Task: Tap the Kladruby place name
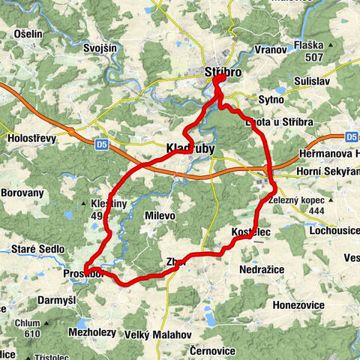(189, 149)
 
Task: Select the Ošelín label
(28, 34)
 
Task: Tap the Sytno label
(271, 99)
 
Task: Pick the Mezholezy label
(91, 331)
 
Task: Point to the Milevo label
(159, 215)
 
